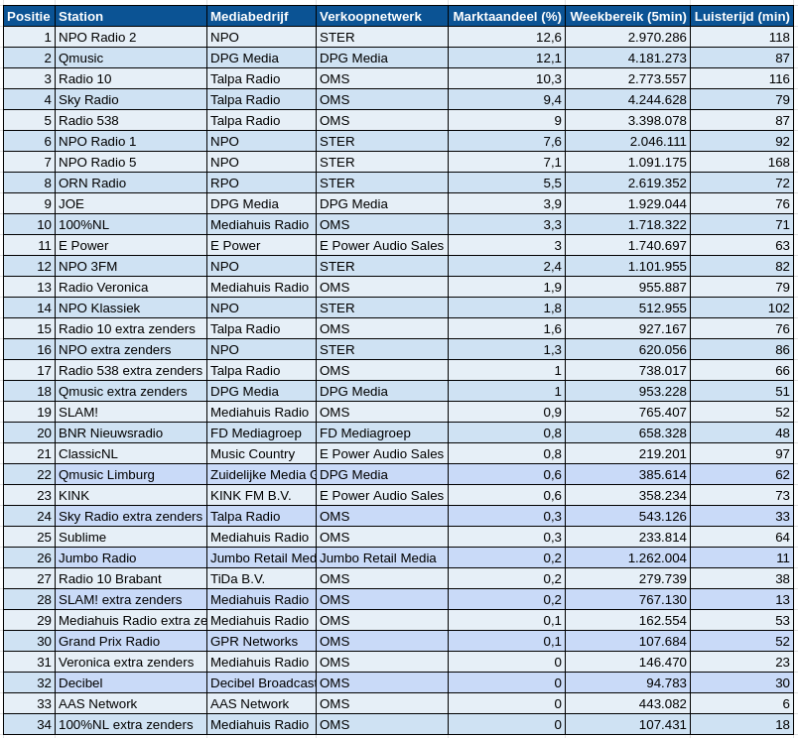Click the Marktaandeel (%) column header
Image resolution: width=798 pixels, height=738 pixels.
point(506,16)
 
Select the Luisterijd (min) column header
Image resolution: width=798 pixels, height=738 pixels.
point(741,16)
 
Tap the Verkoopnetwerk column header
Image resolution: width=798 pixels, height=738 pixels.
point(370,16)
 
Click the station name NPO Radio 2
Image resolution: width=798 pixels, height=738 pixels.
point(97,37)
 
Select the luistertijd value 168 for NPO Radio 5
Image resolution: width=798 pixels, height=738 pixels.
point(778,162)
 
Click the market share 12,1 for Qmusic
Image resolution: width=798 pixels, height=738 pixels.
point(549,58)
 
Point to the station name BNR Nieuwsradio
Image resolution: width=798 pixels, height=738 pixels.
point(110,432)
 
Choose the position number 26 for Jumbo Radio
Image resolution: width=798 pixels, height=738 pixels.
point(44,557)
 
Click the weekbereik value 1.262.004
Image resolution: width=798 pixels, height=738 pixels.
point(650,557)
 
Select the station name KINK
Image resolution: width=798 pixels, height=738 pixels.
point(73,495)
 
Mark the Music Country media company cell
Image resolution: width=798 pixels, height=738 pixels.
point(252,453)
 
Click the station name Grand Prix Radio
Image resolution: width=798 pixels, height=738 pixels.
point(109,641)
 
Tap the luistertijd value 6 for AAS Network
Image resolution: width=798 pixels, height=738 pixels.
point(785,703)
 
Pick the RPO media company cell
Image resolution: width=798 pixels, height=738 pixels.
point(224,183)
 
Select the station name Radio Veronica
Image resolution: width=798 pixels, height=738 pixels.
point(103,287)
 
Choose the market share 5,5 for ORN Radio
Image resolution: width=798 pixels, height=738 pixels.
point(552,183)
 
